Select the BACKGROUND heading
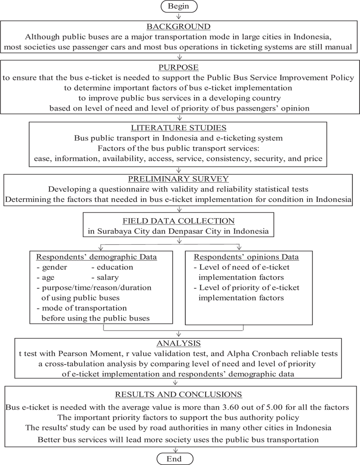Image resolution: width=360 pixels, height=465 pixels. pos(180,27)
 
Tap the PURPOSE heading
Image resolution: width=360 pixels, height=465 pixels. pos(180,67)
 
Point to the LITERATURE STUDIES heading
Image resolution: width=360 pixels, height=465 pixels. pos(180,127)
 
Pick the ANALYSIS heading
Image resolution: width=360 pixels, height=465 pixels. pos(180,344)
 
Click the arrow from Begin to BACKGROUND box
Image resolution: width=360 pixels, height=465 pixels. pos(180,16)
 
